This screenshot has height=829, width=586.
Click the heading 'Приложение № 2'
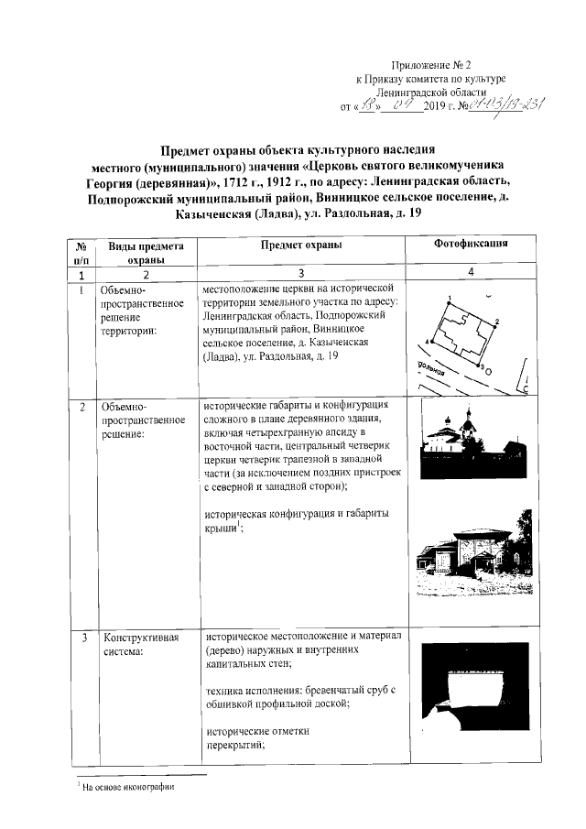(x=429, y=64)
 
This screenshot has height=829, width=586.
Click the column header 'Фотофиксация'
(x=471, y=245)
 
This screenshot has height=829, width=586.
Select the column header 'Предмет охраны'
(x=300, y=245)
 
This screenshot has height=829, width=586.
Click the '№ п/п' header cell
(x=81, y=253)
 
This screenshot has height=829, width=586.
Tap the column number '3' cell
(x=300, y=275)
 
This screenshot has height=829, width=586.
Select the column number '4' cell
(x=471, y=274)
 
